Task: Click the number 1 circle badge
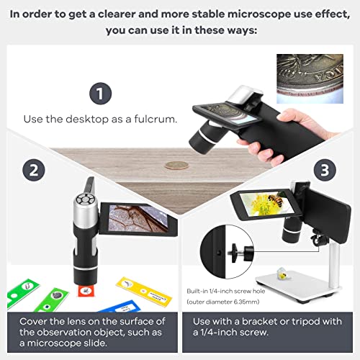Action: [102, 94]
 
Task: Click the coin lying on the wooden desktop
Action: [175, 165]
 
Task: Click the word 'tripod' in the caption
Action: [301, 322]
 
